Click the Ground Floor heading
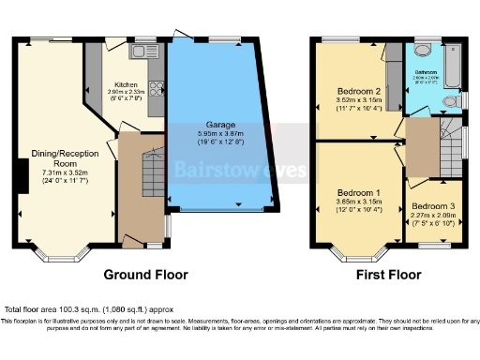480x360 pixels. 144,276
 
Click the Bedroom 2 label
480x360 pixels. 357,91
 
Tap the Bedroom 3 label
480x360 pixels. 433,205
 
